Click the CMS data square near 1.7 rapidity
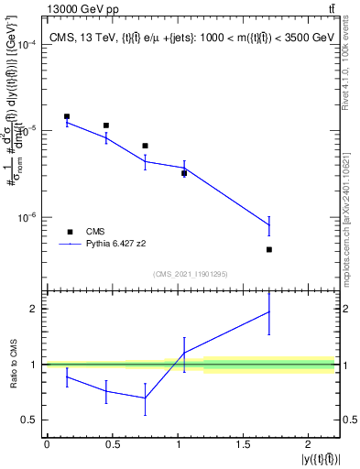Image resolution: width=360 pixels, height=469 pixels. tap(269, 249)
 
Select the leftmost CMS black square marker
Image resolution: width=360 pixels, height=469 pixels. tap(67, 116)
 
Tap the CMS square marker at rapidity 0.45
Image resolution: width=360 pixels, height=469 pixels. tap(106, 125)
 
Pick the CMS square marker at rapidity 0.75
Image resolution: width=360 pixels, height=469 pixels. tap(145, 146)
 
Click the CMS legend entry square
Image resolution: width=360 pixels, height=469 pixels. tap(71, 233)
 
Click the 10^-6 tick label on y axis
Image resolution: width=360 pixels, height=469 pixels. tap(27, 218)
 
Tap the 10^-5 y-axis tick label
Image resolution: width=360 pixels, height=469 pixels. tap(27, 131)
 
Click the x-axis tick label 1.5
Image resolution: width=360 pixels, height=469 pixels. tap(243, 444)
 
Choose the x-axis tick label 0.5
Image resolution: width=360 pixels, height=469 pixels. tap(112, 444)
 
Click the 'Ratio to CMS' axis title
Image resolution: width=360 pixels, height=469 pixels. tap(12, 364)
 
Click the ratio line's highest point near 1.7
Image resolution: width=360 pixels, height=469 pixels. tap(269, 311)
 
